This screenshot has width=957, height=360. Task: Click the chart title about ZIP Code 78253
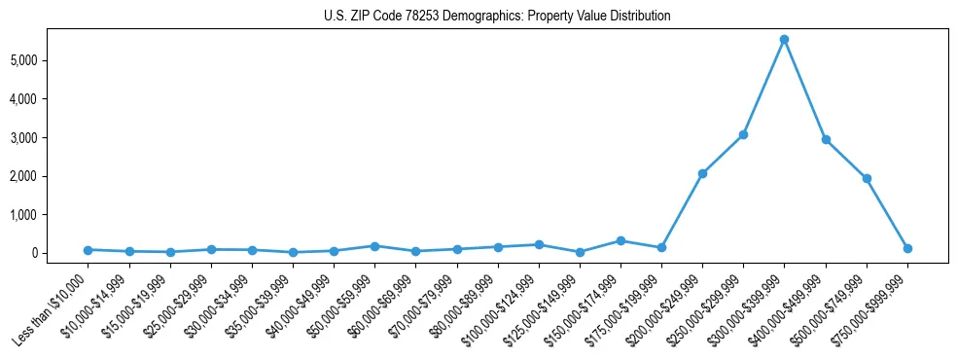coord(497,17)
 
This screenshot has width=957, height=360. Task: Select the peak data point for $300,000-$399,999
coord(784,40)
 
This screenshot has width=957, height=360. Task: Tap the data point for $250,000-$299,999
coord(743,134)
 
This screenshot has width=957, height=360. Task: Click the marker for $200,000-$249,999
coord(702,173)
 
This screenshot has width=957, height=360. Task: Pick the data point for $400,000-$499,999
coord(826,140)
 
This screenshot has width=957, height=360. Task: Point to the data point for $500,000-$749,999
coord(867,179)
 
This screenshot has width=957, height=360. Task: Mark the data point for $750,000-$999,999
coord(907,248)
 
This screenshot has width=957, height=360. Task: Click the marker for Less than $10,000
coord(89,250)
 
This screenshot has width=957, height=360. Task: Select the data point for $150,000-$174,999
coord(620,240)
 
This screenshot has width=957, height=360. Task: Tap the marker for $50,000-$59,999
coord(374,246)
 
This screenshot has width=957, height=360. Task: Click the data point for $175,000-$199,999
coord(661,247)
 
